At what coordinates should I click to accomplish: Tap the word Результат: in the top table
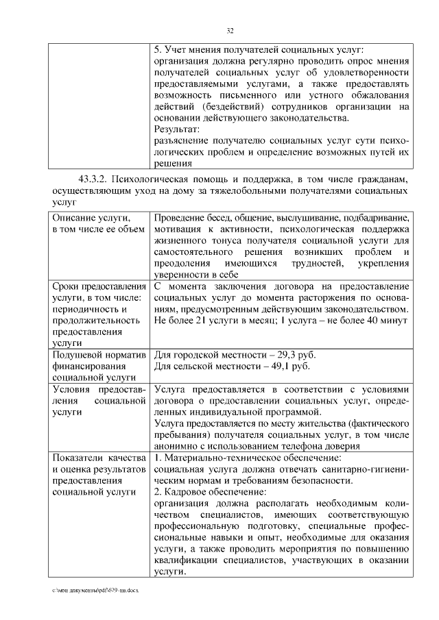click(x=177, y=129)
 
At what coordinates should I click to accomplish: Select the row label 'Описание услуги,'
click(x=86, y=217)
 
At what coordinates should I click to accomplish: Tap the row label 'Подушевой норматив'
click(x=99, y=356)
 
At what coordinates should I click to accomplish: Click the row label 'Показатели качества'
click(x=99, y=457)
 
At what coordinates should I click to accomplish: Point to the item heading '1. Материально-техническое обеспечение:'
click(x=247, y=457)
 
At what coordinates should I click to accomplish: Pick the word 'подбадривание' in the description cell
click(x=377, y=217)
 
